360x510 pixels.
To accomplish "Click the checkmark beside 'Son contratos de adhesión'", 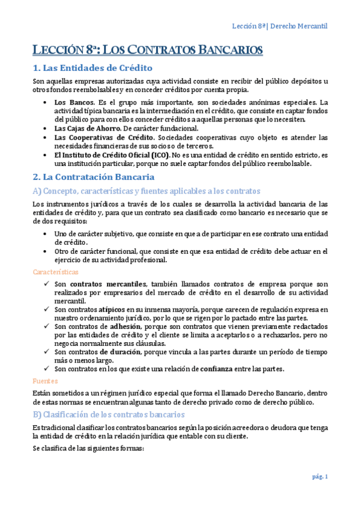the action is point(47,326).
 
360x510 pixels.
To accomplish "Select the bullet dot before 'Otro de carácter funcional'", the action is point(47,251).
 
